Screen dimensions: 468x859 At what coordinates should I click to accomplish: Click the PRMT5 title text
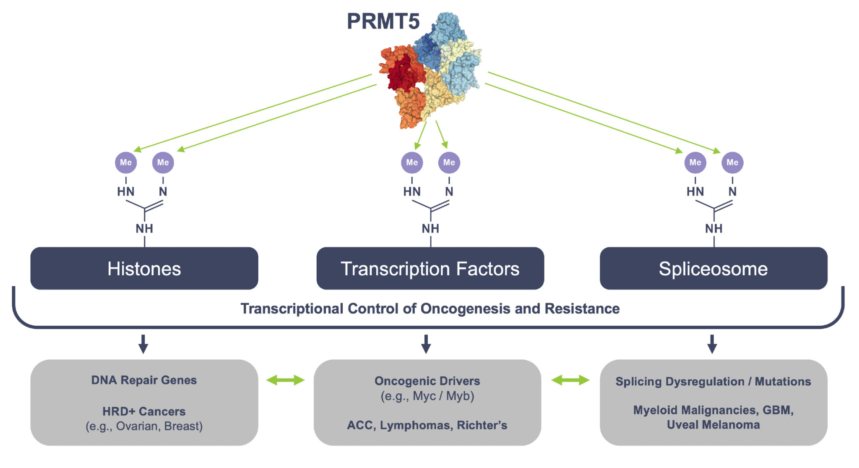(383, 21)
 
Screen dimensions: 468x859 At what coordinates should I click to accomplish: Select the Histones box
(144, 268)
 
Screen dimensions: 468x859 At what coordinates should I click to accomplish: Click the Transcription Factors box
(430, 268)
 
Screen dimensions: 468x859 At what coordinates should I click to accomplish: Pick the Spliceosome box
(713, 268)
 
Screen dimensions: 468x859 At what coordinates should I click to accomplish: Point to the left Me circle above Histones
(126, 162)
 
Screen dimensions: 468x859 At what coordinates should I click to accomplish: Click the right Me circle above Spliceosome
(732, 162)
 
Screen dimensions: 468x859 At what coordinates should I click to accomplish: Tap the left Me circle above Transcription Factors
(412, 162)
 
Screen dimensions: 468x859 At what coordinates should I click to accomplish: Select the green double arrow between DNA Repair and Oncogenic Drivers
(286, 380)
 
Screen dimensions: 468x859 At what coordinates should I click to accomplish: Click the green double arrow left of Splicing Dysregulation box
(570, 380)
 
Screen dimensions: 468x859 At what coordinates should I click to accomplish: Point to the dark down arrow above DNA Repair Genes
(143, 344)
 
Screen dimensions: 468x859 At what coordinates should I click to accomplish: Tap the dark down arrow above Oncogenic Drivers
(426, 344)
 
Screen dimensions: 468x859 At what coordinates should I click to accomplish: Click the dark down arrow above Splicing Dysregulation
(712, 344)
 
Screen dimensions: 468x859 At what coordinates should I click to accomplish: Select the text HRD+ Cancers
(144, 411)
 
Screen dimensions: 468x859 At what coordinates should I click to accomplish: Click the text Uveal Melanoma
(713, 425)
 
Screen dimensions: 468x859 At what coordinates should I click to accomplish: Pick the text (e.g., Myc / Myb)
(427, 396)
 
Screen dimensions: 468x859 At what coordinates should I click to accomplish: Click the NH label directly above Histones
(144, 228)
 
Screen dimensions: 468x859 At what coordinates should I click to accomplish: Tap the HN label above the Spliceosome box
(695, 191)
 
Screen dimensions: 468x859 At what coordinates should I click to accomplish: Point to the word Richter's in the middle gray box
(482, 425)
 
